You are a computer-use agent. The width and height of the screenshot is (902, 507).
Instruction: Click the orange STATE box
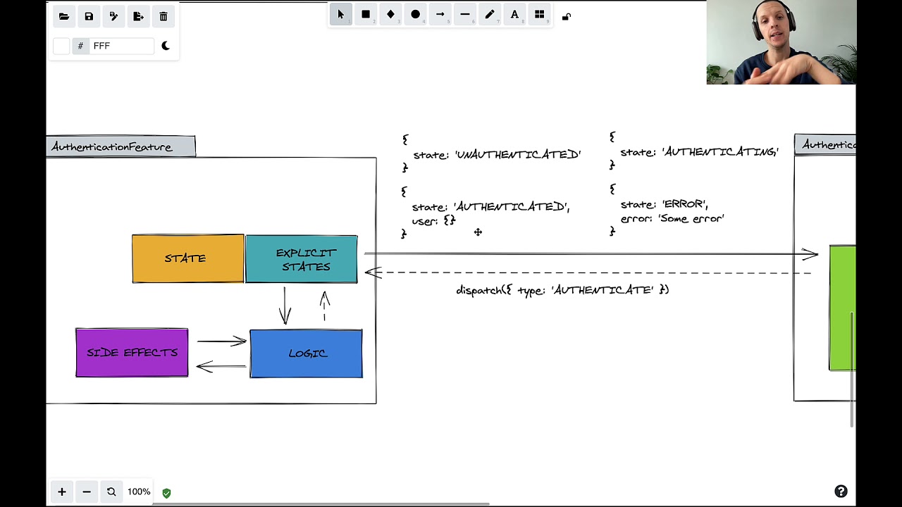tap(187, 259)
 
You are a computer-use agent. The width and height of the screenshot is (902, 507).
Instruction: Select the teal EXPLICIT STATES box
tap(302, 259)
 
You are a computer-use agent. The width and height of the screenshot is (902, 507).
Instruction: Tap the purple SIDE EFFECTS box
tap(132, 353)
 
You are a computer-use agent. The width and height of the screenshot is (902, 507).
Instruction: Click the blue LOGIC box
tap(306, 353)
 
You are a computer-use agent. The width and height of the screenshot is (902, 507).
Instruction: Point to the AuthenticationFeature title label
tap(113, 146)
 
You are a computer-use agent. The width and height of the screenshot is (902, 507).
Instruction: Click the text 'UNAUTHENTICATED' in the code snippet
tap(518, 154)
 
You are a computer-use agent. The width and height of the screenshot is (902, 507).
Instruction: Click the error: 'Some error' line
tap(672, 219)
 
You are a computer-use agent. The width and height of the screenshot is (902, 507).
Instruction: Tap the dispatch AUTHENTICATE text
tap(562, 290)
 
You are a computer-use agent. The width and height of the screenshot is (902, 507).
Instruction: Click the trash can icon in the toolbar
tap(163, 16)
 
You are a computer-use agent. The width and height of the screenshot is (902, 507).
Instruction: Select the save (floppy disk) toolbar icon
tap(89, 16)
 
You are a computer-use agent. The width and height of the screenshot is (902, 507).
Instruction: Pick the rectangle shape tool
tap(366, 14)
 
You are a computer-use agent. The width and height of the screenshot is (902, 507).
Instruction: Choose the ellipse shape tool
tap(415, 14)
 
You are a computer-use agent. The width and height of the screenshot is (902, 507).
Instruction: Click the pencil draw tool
tap(490, 14)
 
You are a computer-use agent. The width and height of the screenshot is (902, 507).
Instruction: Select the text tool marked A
tap(514, 14)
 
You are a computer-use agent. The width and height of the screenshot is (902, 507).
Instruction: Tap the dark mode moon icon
tap(166, 46)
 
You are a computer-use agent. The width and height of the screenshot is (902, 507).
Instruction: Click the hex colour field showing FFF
tap(121, 46)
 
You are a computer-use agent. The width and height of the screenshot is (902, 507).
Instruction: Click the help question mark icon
tap(841, 492)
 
